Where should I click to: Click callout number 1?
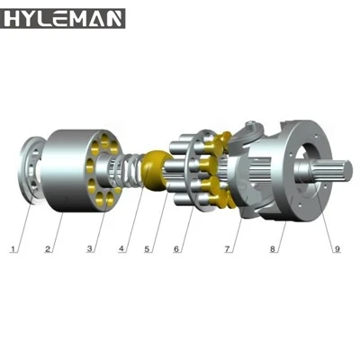(13, 248)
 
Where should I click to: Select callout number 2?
(48, 248)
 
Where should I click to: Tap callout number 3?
(90, 248)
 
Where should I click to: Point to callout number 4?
(121, 248)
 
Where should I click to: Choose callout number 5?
(147, 248)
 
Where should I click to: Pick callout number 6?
(176, 248)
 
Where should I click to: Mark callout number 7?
(228, 248)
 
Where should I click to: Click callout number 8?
(272, 248)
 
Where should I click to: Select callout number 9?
(337, 248)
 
